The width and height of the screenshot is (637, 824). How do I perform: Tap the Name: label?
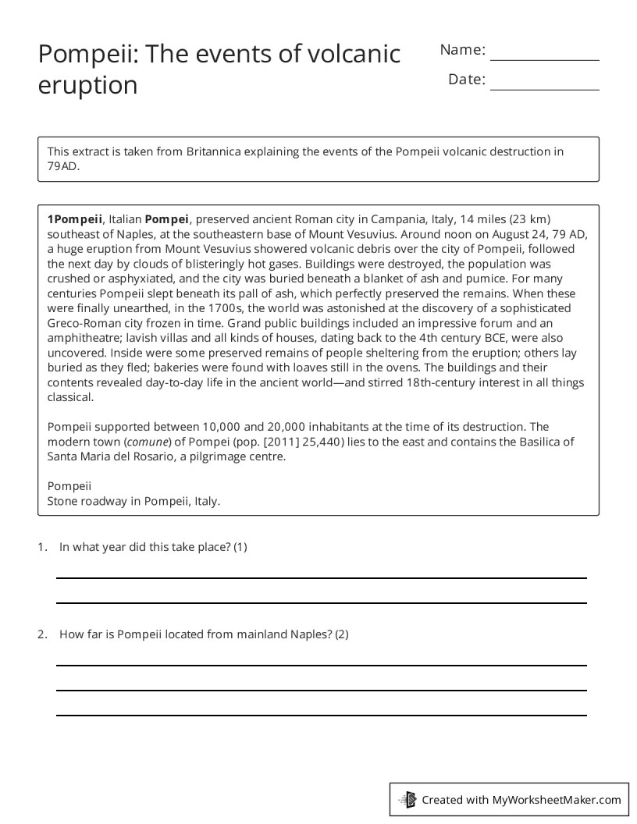pos(462,50)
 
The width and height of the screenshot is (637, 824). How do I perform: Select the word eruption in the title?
pos(87,85)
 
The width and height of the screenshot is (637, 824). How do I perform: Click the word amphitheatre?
pos(84,338)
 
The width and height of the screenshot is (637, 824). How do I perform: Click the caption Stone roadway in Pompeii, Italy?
pos(133,501)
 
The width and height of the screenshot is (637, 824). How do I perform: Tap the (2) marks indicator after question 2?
pos(341,634)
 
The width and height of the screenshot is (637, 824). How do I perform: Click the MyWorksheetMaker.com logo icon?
pos(407,799)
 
